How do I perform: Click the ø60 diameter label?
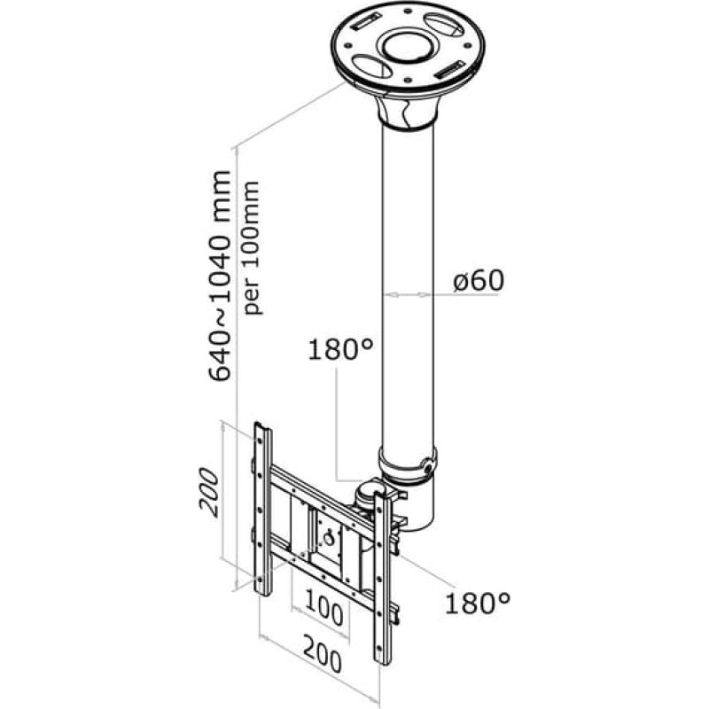pos(479,281)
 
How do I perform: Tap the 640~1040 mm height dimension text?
pos(220,276)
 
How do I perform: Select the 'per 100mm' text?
pos(252,248)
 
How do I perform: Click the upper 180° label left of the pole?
pos(341,349)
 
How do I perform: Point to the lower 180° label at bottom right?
pos(478,603)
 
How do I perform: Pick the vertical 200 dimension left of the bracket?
pos(209,493)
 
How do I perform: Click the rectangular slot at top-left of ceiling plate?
pos(365,21)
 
